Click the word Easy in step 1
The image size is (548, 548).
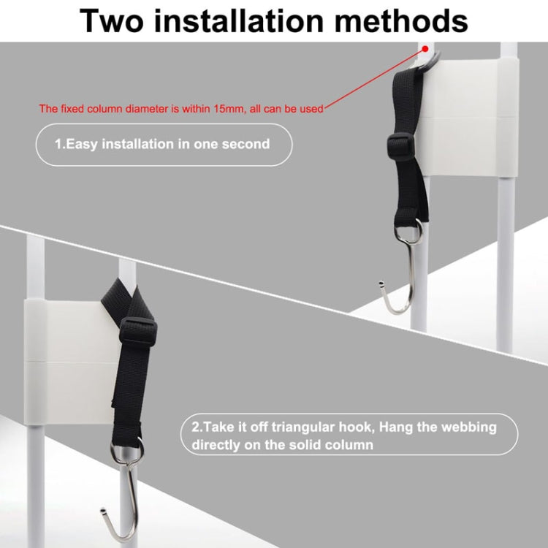85,144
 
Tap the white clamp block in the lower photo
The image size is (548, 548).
66,358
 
